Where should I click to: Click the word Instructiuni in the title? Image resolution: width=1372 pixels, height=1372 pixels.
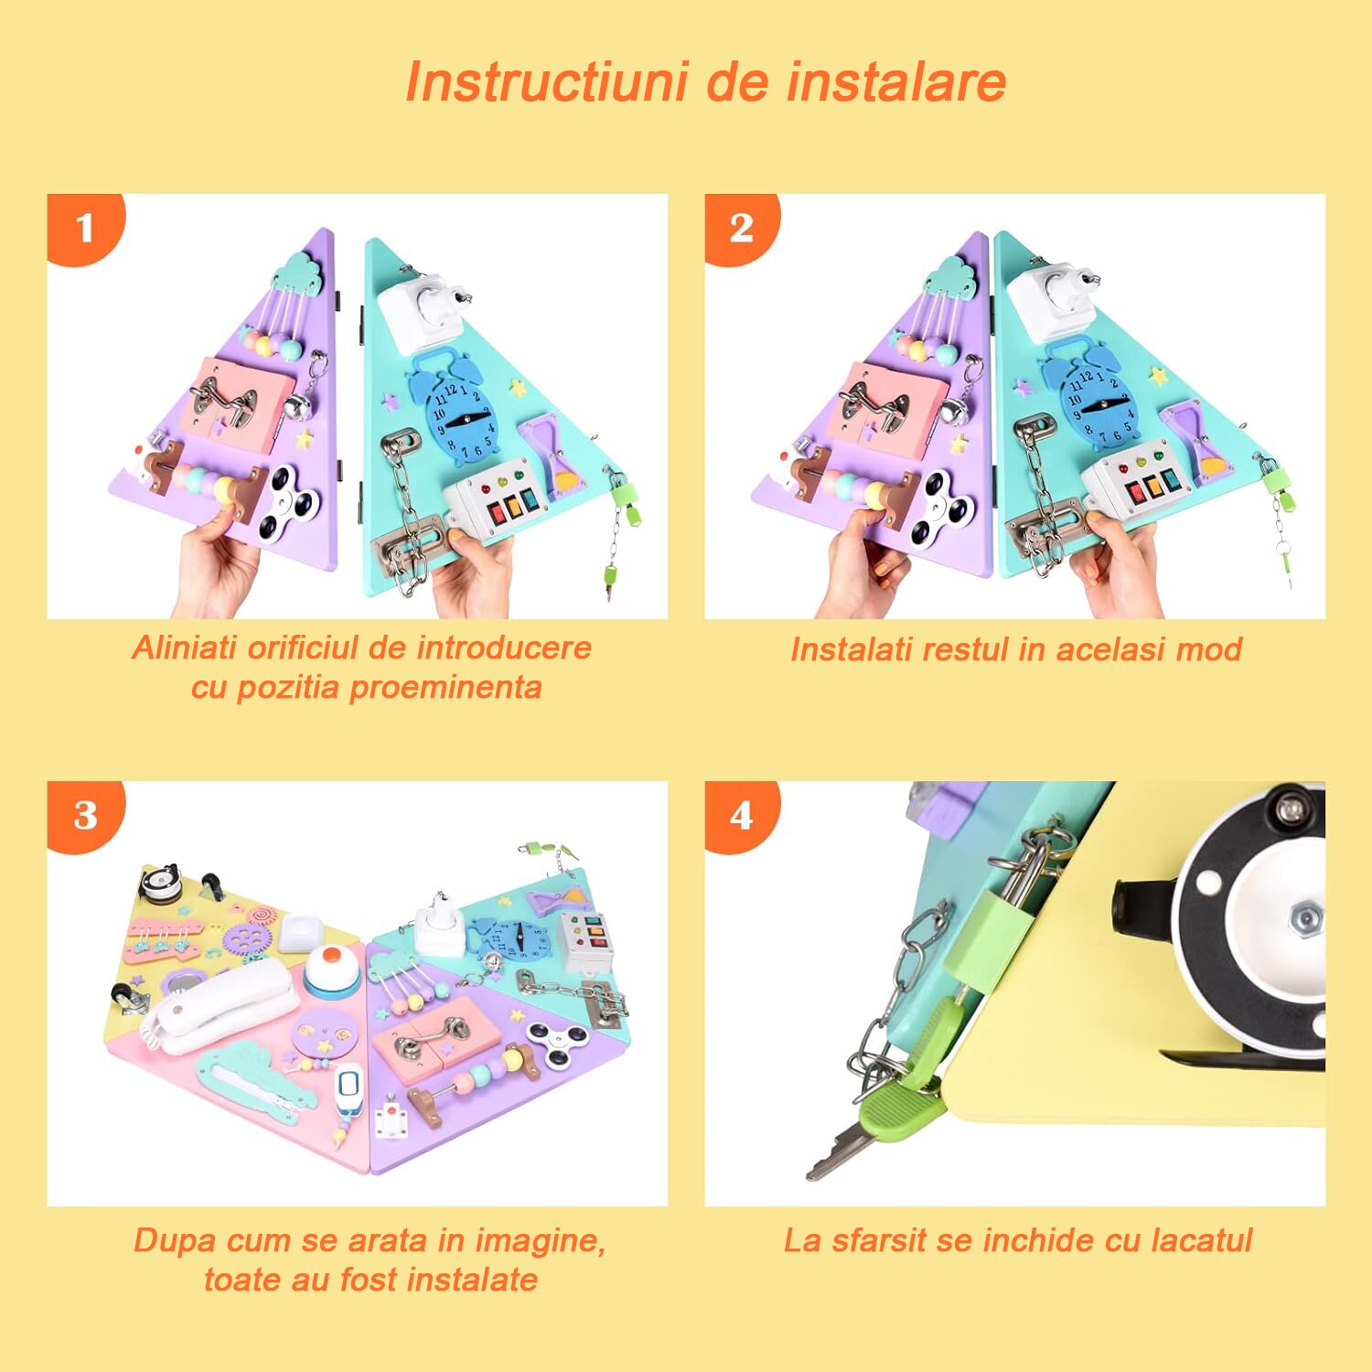point(545,82)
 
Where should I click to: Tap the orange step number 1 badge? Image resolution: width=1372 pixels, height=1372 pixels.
point(83,228)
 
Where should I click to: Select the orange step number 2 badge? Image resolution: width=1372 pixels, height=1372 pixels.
point(741,228)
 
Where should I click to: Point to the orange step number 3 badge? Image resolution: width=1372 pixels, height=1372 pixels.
point(84,815)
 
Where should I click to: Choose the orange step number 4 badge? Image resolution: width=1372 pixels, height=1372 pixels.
point(741,815)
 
